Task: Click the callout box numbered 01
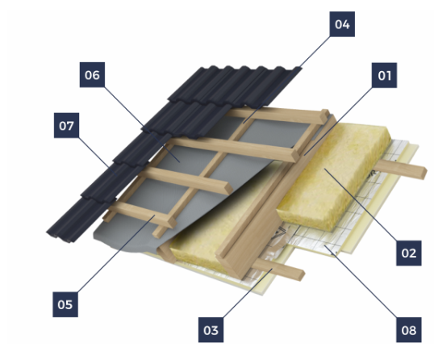click(384, 75)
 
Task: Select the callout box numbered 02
click(409, 253)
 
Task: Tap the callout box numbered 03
click(211, 330)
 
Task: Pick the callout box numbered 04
click(342, 24)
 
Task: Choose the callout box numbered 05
click(65, 304)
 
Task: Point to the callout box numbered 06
click(92, 75)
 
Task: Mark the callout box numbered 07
click(66, 125)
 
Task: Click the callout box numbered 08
click(409, 330)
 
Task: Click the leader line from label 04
click(287, 79)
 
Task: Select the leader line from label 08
click(361, 282)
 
